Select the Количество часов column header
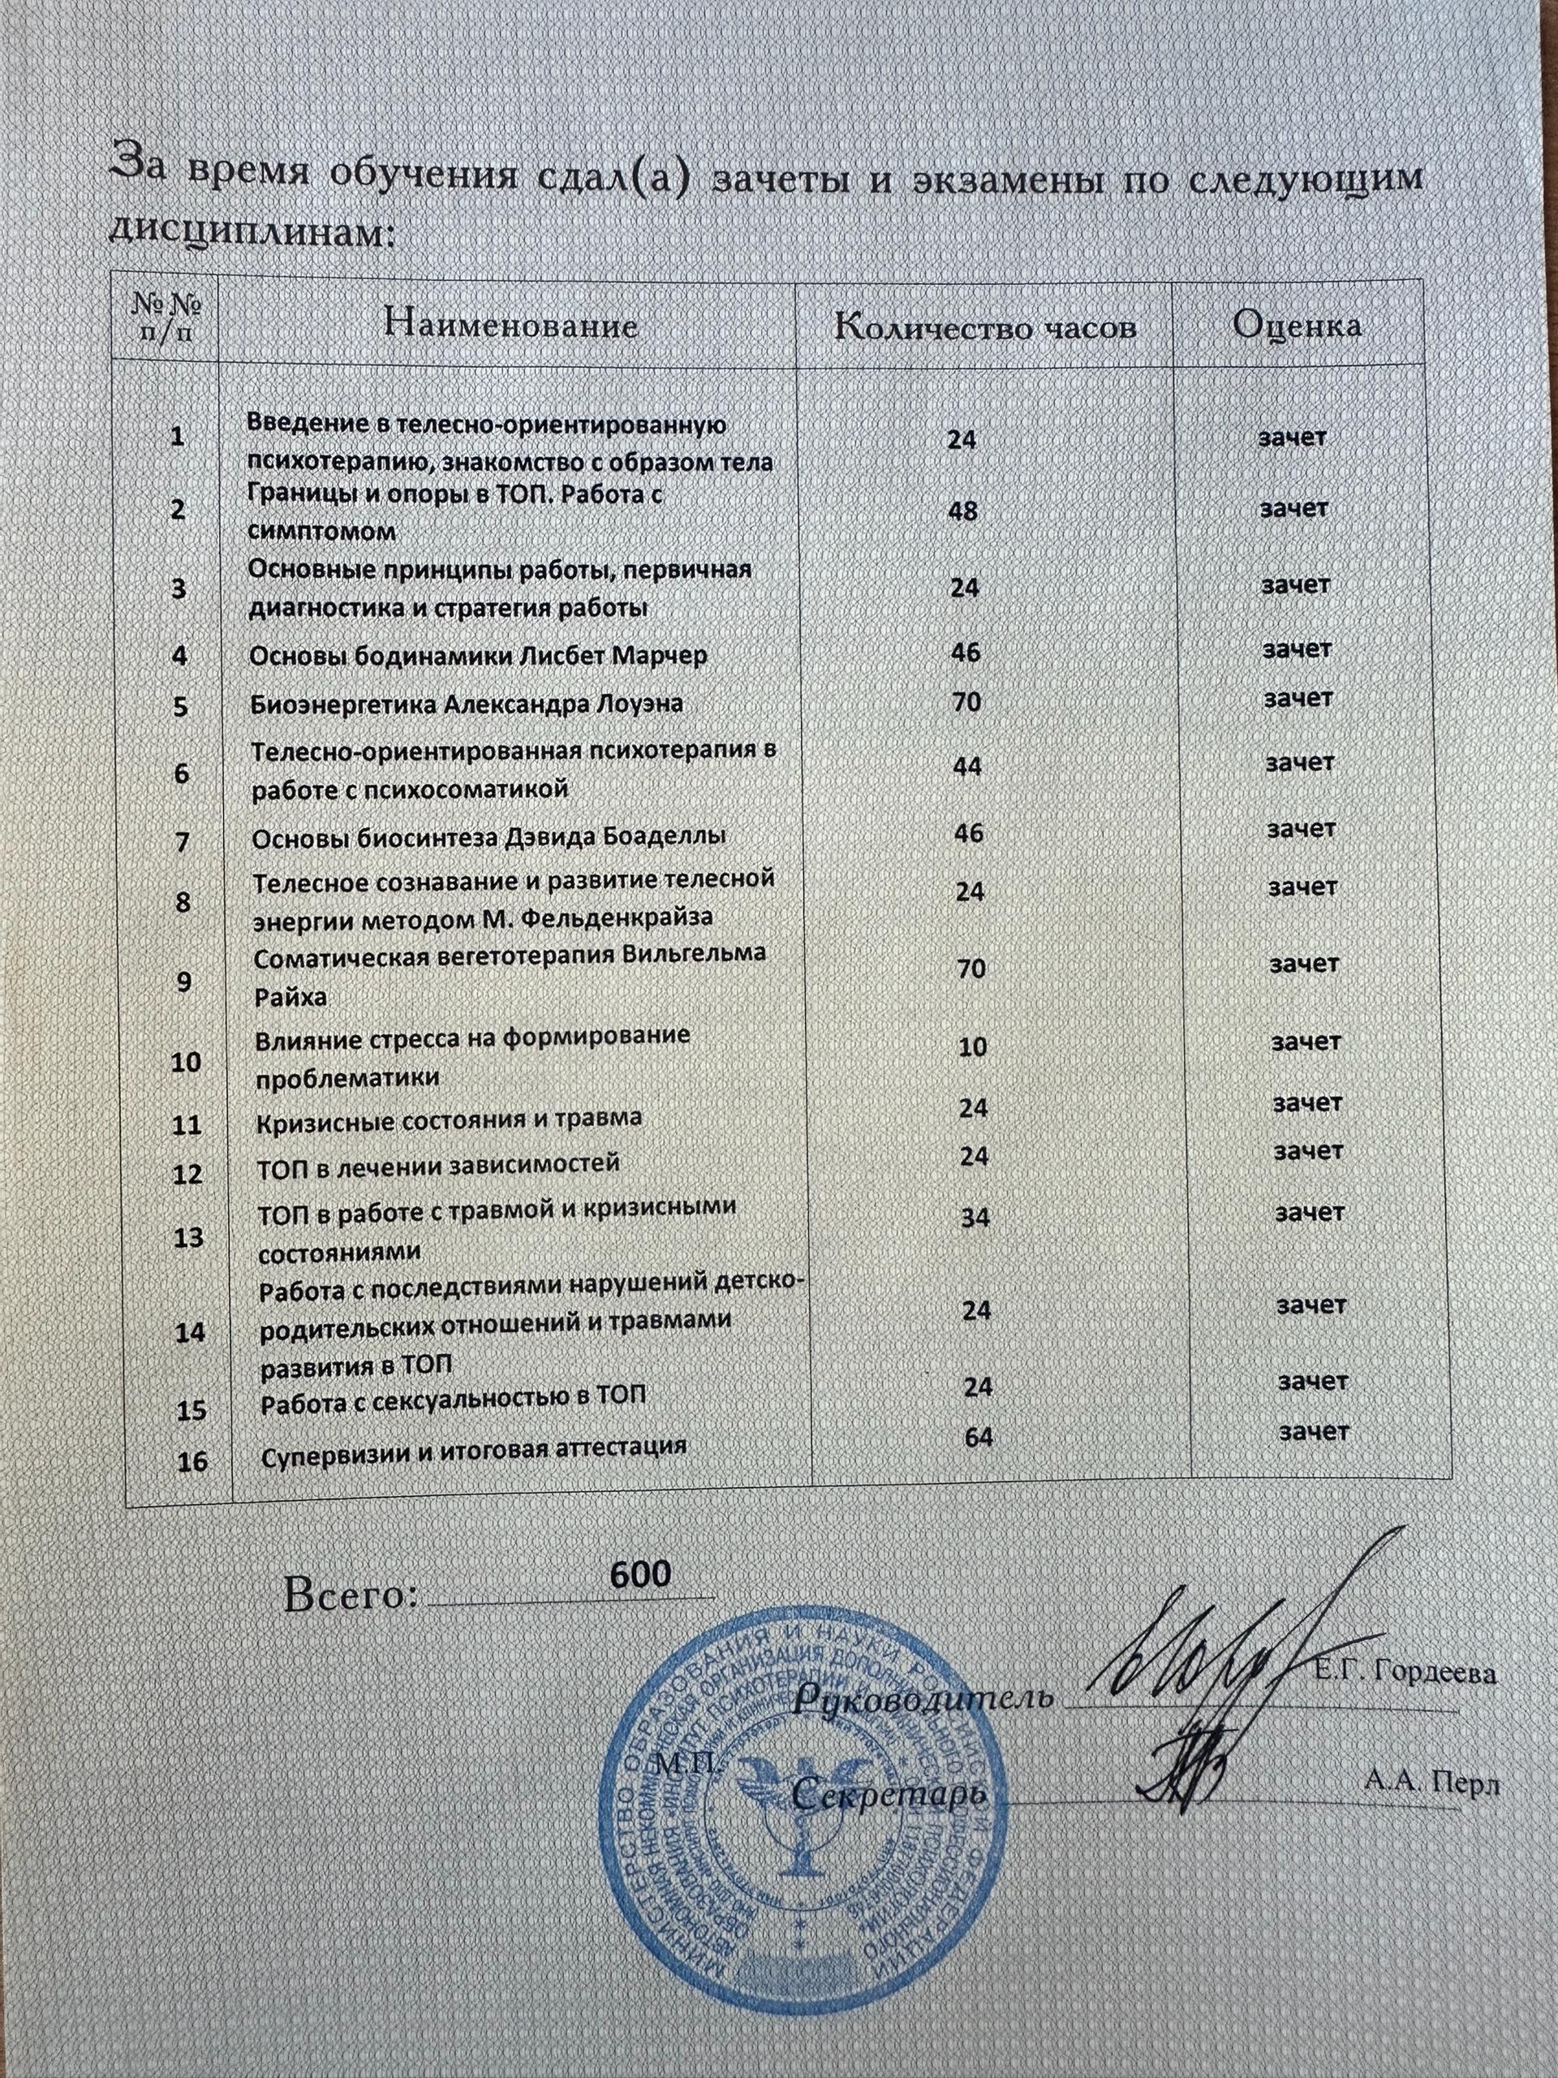pos(986,326)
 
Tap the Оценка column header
pos(1297,325)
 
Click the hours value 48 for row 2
pos(962,511)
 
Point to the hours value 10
pos(972,1045)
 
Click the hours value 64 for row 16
pos(979,1438)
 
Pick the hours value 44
pos(966,766)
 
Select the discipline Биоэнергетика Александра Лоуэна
pos(467,704)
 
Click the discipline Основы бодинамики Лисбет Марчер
pos(478,655)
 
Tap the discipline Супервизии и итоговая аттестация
pos(473,1447)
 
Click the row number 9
pos(183,981)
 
